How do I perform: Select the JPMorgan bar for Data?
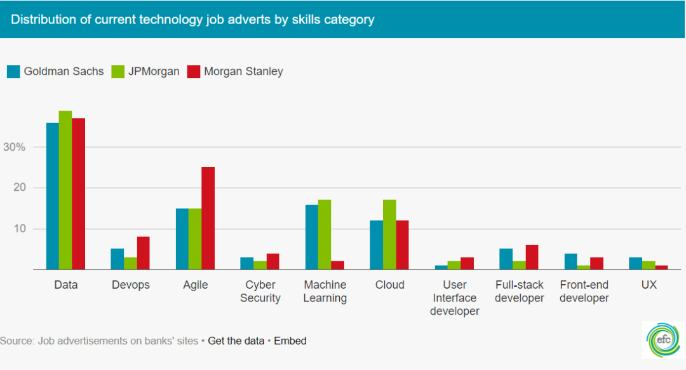click(x=65, y=190)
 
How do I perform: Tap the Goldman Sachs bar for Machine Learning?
click(x=311, y=236)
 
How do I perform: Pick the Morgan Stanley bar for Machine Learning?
click(x=337, y=265)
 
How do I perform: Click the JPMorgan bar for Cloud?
click(x=389, y=235)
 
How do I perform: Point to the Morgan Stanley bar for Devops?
click(x=143, y=253)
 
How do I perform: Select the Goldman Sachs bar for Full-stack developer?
click(x=506, y=259)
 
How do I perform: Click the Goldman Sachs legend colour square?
click(x=13, y=71)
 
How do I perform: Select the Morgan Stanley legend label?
click(x=243, y=71)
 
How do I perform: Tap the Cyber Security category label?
click(x=260, y=291)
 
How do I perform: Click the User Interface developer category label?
click(x=454, y=298)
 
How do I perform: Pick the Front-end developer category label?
click(x=584, y=291)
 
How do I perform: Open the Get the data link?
click(x=236, y=341)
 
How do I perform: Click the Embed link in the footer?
click(x=290, y=341)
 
